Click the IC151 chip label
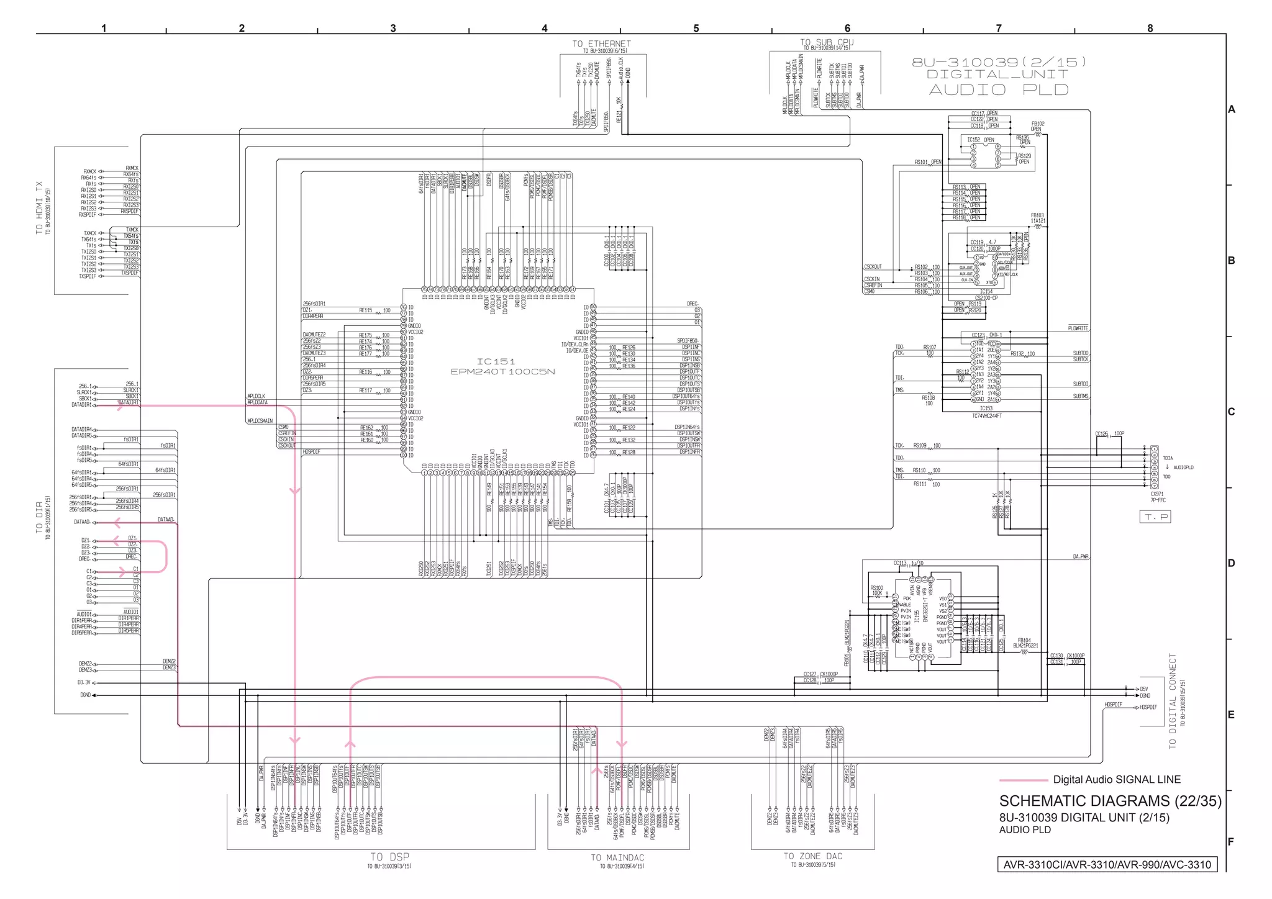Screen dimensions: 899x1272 click(x=496, y=361)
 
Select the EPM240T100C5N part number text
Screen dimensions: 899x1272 click(x=502, y=372)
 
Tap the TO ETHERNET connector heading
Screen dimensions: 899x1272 click(x=601, y=43)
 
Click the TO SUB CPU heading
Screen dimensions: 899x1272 click(x=826, y=42)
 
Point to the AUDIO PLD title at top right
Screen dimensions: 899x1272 click(x=998, y=90)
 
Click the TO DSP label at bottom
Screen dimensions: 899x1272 click(x=389, y=857)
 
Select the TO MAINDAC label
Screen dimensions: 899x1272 click(x=617, y=857)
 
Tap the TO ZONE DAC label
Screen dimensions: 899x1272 click(x=812, y=856)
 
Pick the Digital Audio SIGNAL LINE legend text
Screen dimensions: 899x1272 click(x=1116, y=780)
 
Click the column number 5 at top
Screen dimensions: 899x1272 click(x=696, y=28)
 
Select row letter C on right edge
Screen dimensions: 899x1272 click(x=1231, y=412)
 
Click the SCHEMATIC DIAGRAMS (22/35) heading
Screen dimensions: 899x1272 click(x=1110, y=801)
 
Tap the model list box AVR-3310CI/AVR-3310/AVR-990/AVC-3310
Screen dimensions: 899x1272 click(x=1107, y=865)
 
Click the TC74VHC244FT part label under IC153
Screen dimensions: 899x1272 click(x=986, y=416)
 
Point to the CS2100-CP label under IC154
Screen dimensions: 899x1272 click(x=986, y=298)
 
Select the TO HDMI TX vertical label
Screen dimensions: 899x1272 click(x=40, y=208)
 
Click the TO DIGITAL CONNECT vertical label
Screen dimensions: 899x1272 click(x=1173, y=701)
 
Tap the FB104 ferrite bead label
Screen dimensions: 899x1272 click(x=1024, y=640)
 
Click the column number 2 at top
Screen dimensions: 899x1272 click(x=242, y=28)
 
